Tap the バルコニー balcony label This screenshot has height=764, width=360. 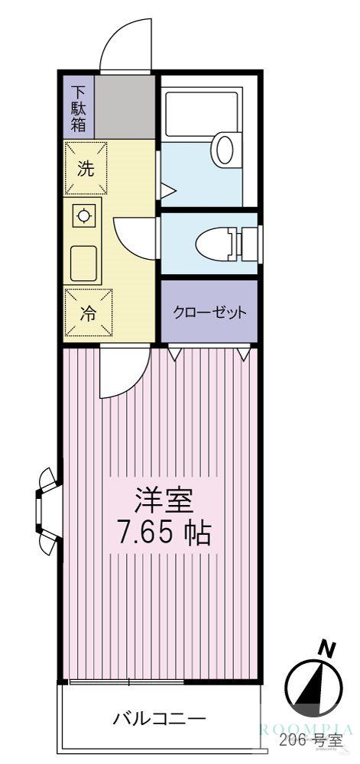tap(159, 719)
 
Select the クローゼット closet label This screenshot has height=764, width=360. tap(209, 312)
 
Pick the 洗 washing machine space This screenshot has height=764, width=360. tap(87, 169)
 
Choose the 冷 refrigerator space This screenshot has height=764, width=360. tap(88, 314)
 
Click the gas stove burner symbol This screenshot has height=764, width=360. tap(83, 217)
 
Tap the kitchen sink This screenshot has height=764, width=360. tap(84, 264)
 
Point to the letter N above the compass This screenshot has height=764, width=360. tap(327, 649)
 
